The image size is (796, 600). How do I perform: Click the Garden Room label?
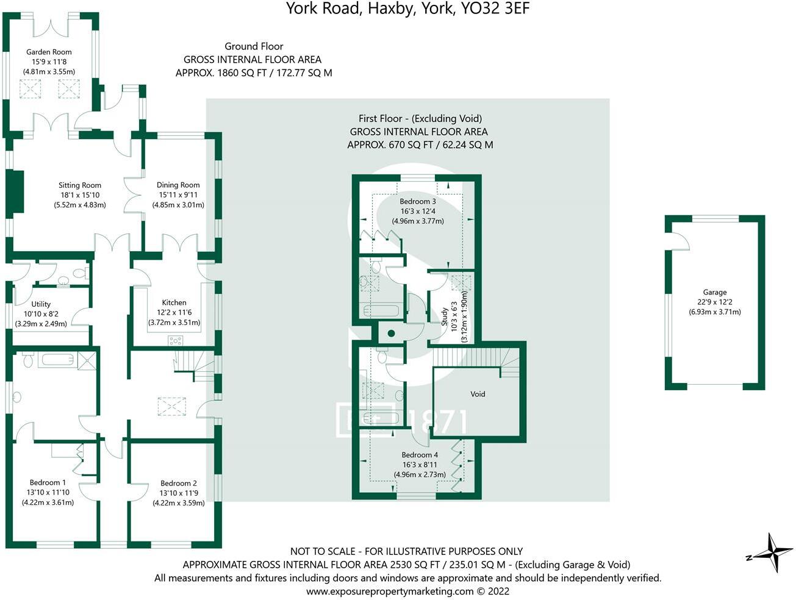[49, 52]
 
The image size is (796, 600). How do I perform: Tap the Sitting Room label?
[80, 185]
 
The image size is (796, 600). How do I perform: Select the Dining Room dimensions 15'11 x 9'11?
[178, 195]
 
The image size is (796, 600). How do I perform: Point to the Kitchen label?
[174, 302]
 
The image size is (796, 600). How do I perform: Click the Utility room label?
[41, 304]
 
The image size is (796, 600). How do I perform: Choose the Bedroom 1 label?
[48, 482]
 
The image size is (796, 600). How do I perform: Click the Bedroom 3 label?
[418, 201]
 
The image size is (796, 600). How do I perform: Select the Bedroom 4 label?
[420, 455]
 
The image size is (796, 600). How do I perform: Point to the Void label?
[478, 394]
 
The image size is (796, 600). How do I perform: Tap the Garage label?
[715, 292]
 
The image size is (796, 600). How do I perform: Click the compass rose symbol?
[772, 552]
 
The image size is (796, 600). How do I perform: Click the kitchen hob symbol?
[176, 341]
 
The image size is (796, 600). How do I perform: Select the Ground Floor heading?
[254, 46]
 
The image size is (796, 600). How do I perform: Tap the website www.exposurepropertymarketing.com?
[390, 591]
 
